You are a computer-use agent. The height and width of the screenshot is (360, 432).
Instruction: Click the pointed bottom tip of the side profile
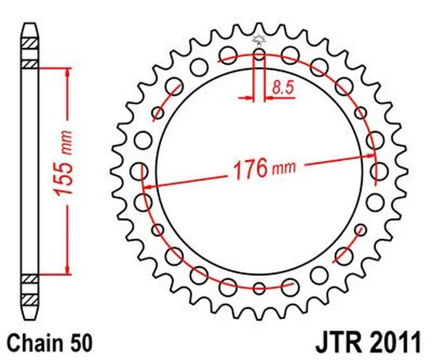pyautogui.click(x=29, y=315)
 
